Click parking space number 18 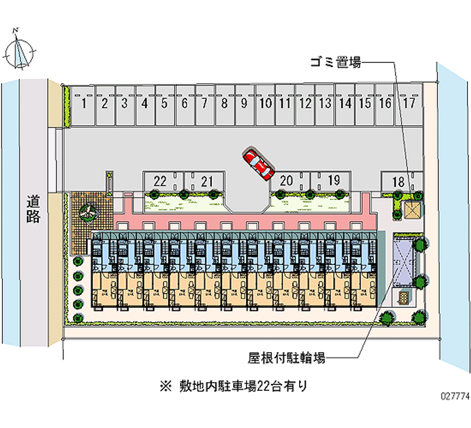coord(399,182)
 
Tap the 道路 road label coord(33,209)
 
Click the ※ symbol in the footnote coord(164,387)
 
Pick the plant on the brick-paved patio coord(89,210)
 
